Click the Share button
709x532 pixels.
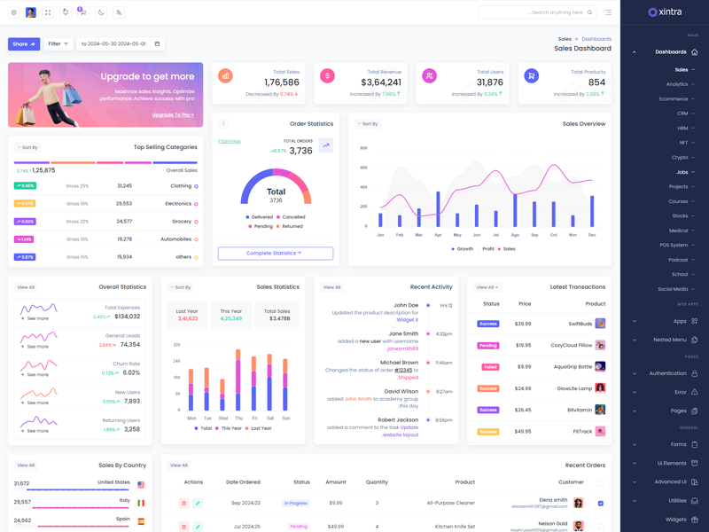(24, 43)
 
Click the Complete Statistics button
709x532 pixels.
(276, 254)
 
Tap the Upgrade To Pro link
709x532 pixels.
(173, 115)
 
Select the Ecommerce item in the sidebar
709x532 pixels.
(674, 99)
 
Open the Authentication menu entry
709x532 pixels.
(668, 373)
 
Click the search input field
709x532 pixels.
(532, 12)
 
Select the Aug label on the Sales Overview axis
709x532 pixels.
(516, 235)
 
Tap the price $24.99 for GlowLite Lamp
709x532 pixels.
(523, 388)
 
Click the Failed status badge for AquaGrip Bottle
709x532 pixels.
(488, 367)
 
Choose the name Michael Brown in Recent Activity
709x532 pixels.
(400, 363)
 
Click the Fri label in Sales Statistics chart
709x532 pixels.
(254, 419)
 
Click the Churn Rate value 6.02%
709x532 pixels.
(131, 373)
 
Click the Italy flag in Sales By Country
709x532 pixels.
(141, 503)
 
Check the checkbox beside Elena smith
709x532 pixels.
(600, 504)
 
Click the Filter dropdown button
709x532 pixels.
(58, 43)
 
